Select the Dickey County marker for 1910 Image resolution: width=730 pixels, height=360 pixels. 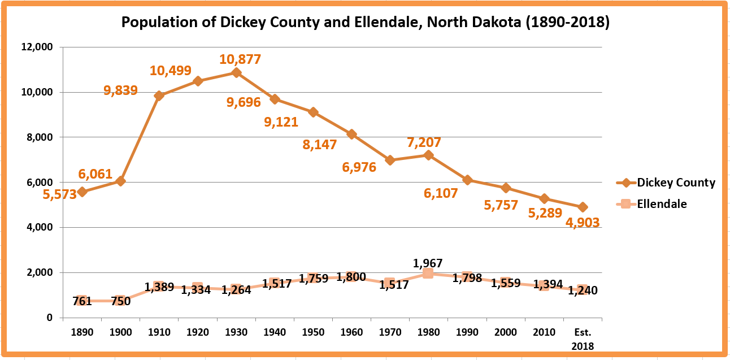[x=159, y=96]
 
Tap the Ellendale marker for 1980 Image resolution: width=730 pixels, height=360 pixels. [x=428, y=274]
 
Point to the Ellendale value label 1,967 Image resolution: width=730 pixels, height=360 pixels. [x=428, y=263]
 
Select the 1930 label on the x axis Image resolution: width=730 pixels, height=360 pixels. [x=236, y=332]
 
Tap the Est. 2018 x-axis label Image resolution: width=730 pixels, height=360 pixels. [x=583, y=339]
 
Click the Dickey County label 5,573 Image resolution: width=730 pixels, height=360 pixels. [x=59, y=196]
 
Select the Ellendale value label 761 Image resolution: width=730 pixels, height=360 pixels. [x=82, y=301]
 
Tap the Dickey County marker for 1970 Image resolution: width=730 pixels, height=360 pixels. [x=389, y=160]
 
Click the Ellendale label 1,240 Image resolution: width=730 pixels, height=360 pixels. [x=583, y=290]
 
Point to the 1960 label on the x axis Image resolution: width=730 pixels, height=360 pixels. [x=351, y=332]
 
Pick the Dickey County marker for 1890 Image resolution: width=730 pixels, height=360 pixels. [x=82, y=192]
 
